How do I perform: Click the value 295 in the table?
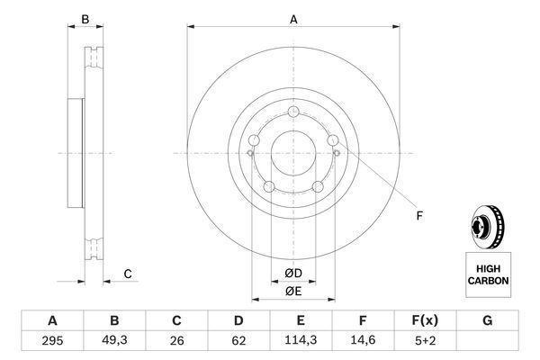tap(51, 341)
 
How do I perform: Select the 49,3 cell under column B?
tap(114, 341)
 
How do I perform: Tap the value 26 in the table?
tap(177, 341)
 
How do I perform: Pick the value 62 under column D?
tap(238, 341)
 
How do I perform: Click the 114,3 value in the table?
tap(301, 341)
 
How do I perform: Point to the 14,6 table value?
tap(363, 341)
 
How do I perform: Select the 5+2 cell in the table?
tap(425, 341)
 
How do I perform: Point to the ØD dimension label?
tap(292, 274)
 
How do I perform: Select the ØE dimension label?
tap(292, 291)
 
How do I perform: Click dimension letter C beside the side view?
tap(128, 274)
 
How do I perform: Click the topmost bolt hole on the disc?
tap(293, 112)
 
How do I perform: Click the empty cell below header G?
tap(487, 341)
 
